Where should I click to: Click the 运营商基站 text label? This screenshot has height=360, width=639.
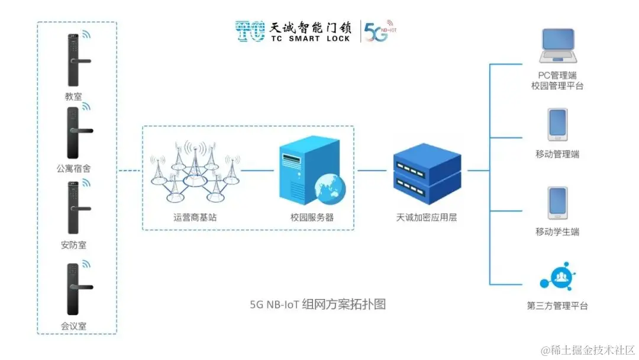[x=195, y=217]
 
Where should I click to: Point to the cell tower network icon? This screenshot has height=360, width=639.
[x=195, y=171]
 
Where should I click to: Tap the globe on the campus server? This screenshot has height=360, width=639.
[x=327, y=189]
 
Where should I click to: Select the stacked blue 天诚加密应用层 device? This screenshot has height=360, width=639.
[x=427, y=172]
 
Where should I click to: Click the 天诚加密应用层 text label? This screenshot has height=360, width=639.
[x=427, y=217]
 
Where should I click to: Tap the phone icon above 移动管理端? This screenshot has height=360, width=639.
[x=557, y=124]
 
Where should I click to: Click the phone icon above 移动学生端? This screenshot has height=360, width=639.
[x=557, y=203]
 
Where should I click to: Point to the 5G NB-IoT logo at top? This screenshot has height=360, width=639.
[x=379, y=32]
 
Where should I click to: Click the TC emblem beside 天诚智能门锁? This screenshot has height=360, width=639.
[x=250, y=31]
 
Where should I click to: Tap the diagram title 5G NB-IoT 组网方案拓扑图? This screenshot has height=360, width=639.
[x=318, y=305]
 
